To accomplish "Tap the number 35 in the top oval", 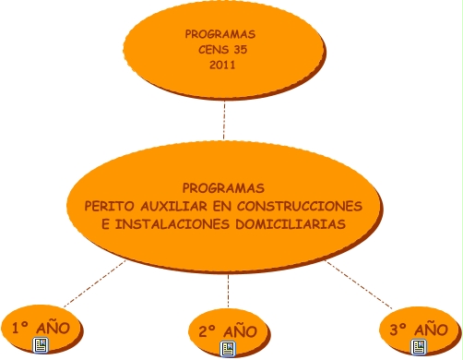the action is pyautogui.click(x=240, y=50).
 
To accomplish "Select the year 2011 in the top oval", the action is pyautogui.click(x=222, y=65).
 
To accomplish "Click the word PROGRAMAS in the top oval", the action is pyautogui.click(x=220, y=34).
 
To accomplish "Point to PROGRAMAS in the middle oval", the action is pyautogui.click(x=223, y=188).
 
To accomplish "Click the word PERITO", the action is pyautogui.click(x=109, y=206).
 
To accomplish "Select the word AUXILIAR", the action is pyautogui.click(x=173, y=206).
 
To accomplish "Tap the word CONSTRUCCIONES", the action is pyautogui.click(x=300, y=206).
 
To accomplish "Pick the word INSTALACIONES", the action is pyautogui.click(x=172, y=224).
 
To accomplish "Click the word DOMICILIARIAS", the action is pyautogui.click(x=291, y=224).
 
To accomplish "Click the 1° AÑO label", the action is pyautogui.click(x=42, y=328).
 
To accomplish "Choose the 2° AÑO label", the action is pyautogui.click(x=228, y=331).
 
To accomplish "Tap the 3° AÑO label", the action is pyautogui.click(x=419, y=330).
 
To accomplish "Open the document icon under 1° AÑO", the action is pyautogui.click(x=41, y=345).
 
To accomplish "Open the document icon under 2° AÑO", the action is pyautogui.click(x=228, y=349).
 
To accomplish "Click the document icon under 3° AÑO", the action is pyautogui.click(x=419, y=347).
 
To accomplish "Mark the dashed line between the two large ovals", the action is pyautogui.click(x=224, y=120).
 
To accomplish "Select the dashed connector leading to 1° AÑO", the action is pyautogui.click(x=95, y=283).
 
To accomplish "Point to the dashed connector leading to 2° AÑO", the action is pyautogui.click(x=228, y=291).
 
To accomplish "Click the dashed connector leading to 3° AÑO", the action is pyautogui.click(x=359, y=284).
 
